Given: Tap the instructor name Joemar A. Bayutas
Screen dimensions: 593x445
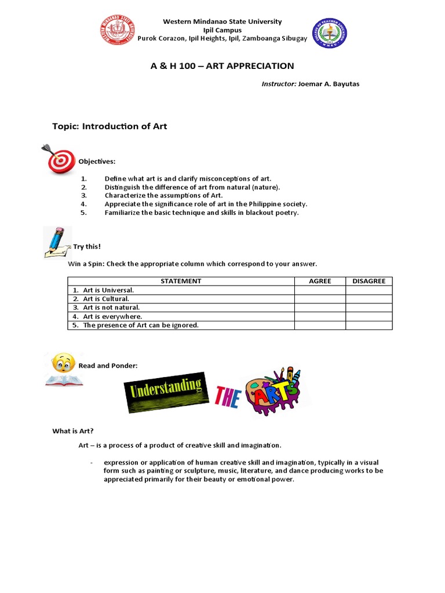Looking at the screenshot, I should point(332,84).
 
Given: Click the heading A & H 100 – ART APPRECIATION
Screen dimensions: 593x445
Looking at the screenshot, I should point(222,66).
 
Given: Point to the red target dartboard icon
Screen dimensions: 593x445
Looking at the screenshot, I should point(60,159).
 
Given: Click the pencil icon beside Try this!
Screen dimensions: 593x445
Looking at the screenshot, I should point(57,242).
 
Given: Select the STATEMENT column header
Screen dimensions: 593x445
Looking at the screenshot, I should point(181,281).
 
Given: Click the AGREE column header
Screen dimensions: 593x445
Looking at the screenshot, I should point(320,281).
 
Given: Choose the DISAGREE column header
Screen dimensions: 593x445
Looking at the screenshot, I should point(369,281).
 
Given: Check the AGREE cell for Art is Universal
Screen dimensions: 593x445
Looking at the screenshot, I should point(320,290).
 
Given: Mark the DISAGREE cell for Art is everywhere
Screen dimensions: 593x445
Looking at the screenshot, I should point(369,316).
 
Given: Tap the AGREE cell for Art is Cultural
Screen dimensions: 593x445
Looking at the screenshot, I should point(320,299).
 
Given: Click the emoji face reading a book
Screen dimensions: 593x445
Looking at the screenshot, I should point(63,369).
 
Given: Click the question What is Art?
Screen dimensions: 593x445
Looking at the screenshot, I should point(72,431).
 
